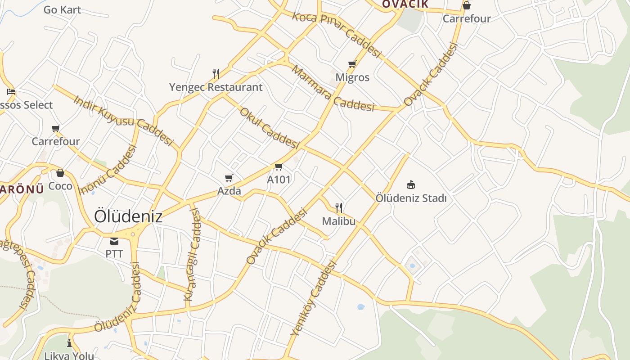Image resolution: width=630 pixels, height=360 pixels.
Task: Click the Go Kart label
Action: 62,9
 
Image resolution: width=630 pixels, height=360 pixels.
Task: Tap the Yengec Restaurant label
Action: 216,87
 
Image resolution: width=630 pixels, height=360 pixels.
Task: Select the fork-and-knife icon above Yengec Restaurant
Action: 216,73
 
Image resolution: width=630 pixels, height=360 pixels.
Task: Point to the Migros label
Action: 352,77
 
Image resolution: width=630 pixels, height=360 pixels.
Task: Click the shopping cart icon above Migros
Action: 352,64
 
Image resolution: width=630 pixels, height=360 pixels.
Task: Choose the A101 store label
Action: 279,180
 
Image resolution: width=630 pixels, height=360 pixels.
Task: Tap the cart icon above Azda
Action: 229,178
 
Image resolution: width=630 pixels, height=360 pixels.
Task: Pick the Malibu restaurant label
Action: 339,221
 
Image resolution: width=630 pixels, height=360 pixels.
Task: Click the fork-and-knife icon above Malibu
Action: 339,207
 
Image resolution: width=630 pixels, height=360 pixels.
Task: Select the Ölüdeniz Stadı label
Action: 411,198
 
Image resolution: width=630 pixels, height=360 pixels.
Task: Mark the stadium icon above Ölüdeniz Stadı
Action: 410,184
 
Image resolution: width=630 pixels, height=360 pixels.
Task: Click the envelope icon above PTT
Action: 114,241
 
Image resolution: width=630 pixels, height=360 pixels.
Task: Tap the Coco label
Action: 60,186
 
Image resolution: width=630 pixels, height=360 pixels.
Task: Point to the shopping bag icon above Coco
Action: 60,173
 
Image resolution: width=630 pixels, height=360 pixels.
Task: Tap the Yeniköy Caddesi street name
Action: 314,298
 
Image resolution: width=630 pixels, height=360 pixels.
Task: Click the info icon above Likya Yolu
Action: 69,343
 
